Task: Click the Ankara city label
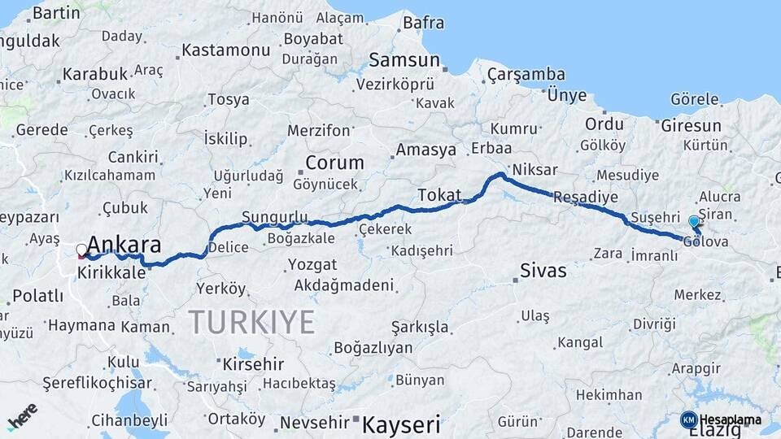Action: coord(124,245)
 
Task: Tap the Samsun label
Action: coord(404,60)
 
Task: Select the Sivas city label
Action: coord(543,271)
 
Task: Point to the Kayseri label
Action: coord(401,424)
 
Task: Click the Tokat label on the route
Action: coord(439,195)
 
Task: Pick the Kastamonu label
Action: coord(225,50)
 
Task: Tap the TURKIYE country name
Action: coord(251,323)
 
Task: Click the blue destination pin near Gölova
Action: coord(693,222)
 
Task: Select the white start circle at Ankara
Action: coord(81,250)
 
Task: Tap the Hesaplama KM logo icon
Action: coord(688,419)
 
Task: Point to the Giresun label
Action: coord(691,126)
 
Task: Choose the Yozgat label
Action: coord(313,265)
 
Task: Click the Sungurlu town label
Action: coord(275,217)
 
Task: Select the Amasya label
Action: coord(425,150)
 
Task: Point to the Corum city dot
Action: coord(301,172)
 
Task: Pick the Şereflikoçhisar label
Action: coord(98,383)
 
